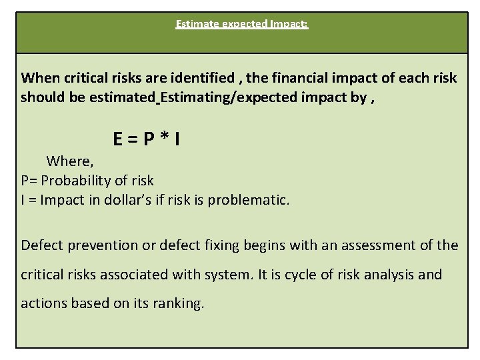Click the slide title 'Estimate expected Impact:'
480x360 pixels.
point(241,25)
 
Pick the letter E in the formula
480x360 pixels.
point(117,139)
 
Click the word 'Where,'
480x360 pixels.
point(70,161)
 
